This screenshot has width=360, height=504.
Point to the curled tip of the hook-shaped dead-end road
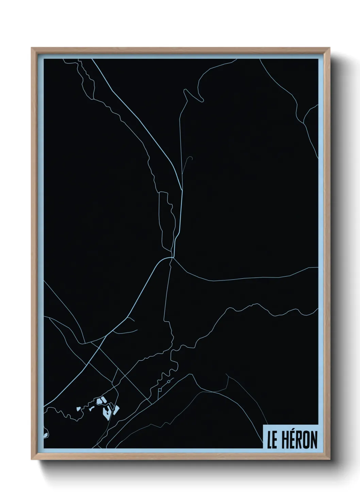click(x=192, y=157)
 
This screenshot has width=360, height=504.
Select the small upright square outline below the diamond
click(x=160, y=389)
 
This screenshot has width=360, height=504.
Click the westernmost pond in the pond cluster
click(x=78, y=408)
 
